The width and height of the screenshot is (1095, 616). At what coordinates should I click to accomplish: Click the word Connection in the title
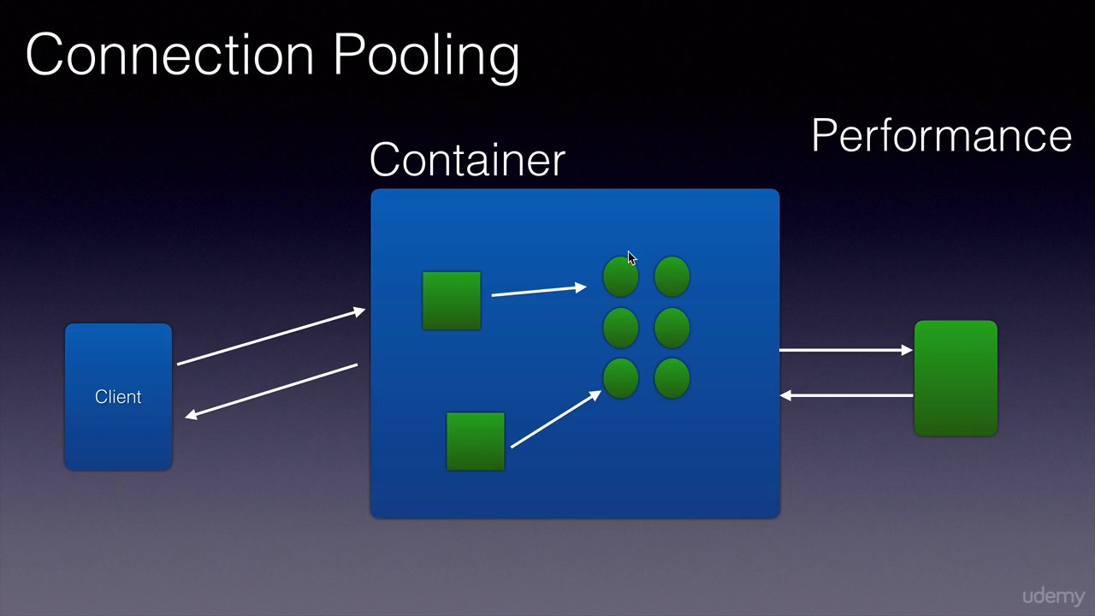(169, 54)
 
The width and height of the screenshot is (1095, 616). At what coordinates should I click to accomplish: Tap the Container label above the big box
(467, 159)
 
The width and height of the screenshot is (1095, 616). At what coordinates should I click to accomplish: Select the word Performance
(942, 135)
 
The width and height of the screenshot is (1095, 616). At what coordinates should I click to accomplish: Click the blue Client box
(118, 396)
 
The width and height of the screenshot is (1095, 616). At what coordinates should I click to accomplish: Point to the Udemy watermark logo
(1053, 596)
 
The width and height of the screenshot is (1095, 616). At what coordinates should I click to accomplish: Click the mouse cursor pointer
(632, 258)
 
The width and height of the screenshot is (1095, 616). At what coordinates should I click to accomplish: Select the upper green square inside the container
(452, 300)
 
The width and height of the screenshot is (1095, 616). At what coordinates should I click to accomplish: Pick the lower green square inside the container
(476, 441)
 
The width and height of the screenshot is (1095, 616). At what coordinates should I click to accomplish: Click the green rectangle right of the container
(956, 378)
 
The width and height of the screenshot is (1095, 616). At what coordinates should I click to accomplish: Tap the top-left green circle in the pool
(621, 276)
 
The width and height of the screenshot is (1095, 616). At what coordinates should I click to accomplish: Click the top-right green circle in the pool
(672, 276)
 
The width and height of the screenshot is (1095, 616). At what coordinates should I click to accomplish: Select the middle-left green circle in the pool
(621, 328)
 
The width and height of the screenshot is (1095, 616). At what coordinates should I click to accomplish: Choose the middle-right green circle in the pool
(672, 328)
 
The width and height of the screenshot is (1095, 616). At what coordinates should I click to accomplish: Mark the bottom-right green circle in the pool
(672, 378)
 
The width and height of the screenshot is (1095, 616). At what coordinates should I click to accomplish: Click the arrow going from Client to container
(271, 336)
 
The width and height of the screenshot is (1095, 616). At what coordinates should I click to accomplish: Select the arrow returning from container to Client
(271, 391)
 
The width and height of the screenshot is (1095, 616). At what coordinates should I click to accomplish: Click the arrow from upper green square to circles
(539, 290)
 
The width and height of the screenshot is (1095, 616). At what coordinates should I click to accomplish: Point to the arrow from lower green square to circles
(556, 419)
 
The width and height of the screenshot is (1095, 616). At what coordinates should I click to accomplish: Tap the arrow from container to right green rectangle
(846, 350)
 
